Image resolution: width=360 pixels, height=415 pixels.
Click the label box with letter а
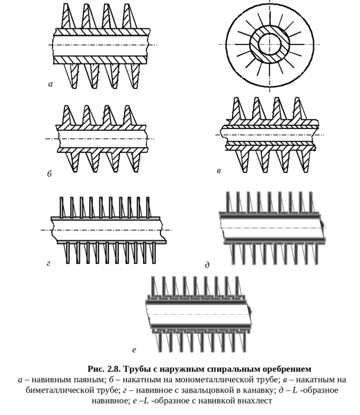51,84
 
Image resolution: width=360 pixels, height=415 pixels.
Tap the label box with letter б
50,174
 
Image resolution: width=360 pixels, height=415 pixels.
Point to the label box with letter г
50,263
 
